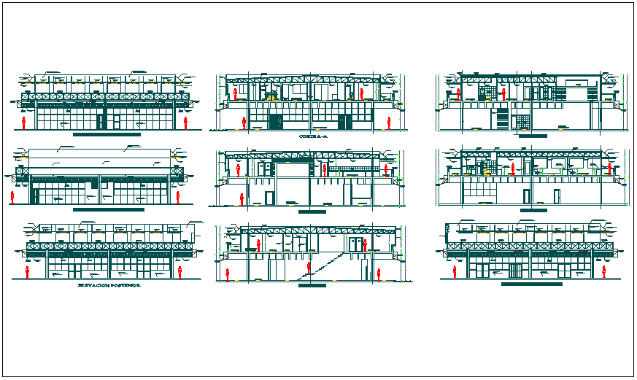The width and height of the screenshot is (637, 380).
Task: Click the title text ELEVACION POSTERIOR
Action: (109, 286)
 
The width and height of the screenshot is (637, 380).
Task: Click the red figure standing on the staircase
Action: (309, 267)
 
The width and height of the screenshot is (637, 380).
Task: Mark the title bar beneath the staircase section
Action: (312, 286)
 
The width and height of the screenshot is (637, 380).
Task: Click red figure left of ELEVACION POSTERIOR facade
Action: (28, 272)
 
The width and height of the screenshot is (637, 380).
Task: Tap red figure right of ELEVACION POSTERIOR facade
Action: (179, 272)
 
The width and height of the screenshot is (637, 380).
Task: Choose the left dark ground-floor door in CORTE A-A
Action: (274, 122)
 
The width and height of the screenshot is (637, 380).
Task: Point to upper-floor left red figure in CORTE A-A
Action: (236, 93)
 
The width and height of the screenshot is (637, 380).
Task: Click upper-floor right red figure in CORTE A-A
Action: (363, 93)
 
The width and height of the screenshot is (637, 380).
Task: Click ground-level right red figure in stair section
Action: (379, 274)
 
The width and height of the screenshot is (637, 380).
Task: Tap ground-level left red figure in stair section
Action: (228, 274)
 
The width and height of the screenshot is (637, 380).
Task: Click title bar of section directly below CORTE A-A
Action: (312, 211)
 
